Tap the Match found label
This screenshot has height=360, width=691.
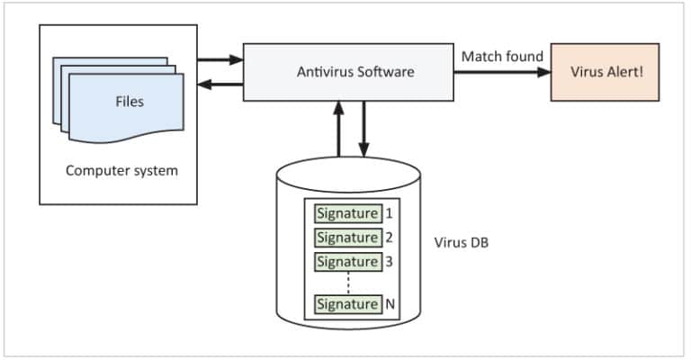(502, 57)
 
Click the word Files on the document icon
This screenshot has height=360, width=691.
(129, 102)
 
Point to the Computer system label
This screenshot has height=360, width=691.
(121, 170)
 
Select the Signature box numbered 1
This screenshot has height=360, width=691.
(346, 214)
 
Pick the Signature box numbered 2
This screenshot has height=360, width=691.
(346, 238)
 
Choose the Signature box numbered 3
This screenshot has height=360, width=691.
(346, 262)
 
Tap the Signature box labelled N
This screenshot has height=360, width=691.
(346, 304)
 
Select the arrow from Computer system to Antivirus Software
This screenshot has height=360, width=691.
(220, 60)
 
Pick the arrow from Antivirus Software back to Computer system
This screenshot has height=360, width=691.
(220, 85)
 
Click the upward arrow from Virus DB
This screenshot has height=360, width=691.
(338, 130)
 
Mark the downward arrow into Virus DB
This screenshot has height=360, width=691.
(364, 130)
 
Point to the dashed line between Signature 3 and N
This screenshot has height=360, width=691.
(346, 283)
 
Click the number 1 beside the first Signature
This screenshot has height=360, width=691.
(389, 214)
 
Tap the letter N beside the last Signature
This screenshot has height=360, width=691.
(390, 304)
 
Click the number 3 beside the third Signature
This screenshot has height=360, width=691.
(389, 262)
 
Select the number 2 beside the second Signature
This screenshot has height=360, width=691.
(389, 238)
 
